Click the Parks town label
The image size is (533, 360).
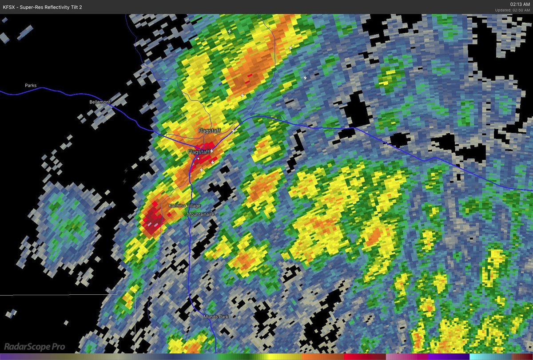click(31, 85)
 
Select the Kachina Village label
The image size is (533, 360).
click(184, 206)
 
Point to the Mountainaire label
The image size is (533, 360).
click(201, 214)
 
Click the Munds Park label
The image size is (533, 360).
click(215, 316)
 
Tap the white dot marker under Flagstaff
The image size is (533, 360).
click(199, 158)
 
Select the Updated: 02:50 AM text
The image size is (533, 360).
click(513, 10)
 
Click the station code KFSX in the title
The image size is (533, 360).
click(11, 7)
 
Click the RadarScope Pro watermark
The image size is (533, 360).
click(35, 346)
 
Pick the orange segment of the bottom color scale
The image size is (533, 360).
click(322, 356)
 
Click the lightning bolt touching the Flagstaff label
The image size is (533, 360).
click(212, 151)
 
